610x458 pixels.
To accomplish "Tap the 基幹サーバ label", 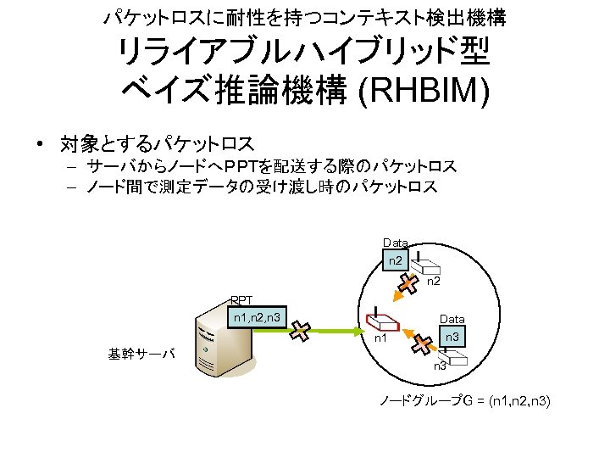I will (141, 353).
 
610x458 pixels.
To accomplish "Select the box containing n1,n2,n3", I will (258, 319).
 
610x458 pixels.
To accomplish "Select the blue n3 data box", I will (452, 338).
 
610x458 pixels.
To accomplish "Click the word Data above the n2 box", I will (395, 243).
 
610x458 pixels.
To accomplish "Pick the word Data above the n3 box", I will (452, 319).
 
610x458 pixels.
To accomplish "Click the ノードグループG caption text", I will (465, 400).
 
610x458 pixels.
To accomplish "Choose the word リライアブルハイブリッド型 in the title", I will (304, 53).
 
